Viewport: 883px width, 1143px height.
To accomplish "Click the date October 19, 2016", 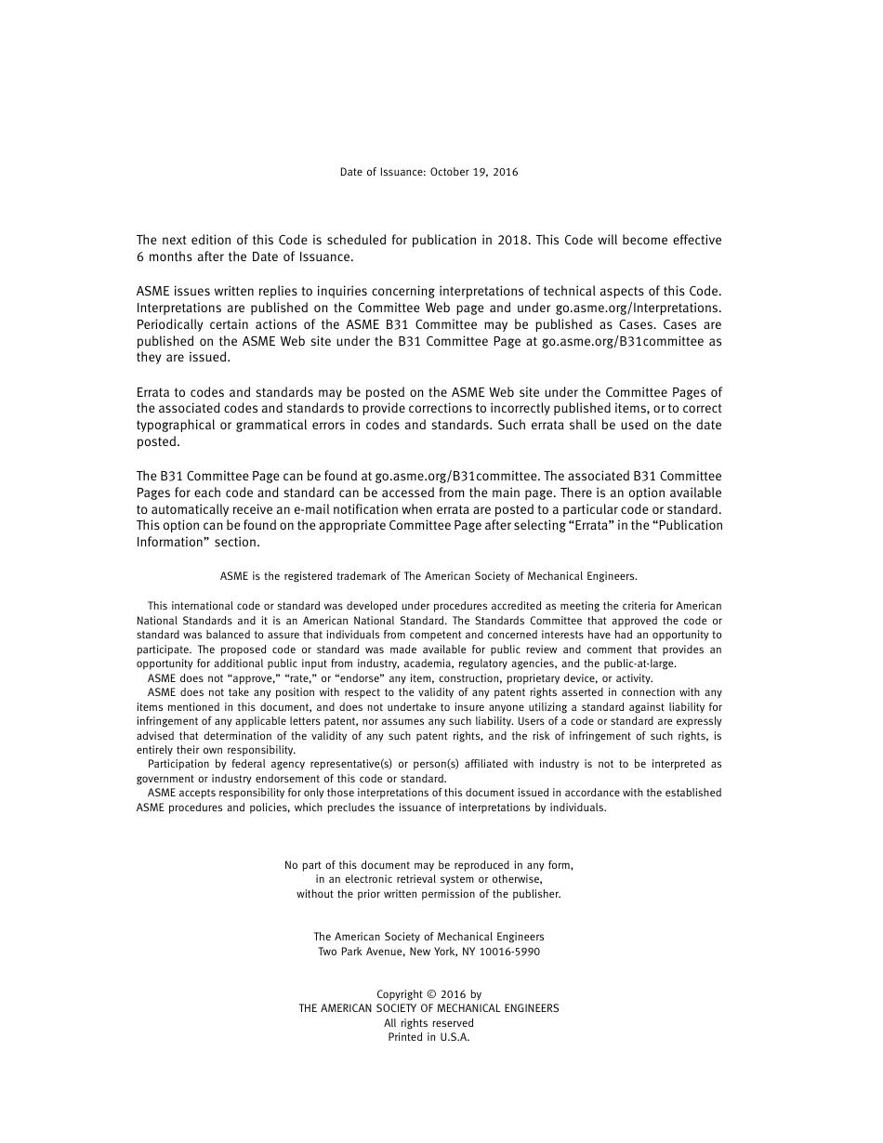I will [x=474, y=172].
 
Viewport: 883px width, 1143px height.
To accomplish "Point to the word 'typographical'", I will [x=175, y=426].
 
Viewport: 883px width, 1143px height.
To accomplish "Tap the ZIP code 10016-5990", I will [x=509, y=952].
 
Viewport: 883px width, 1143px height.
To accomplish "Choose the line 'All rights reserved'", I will [x=428, y=1023].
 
